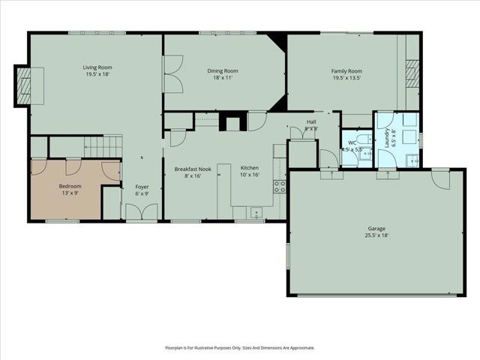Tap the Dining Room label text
point(223,70)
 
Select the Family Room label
point(346,70)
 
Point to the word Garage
point(376,228)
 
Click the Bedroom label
point(70,186)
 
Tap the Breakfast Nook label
point(193,169)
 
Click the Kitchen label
point(249,169)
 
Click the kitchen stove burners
point(280,186)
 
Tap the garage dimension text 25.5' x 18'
point(376,235)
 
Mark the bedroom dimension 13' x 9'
point(70,193)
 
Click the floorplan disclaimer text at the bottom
point(240,348)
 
